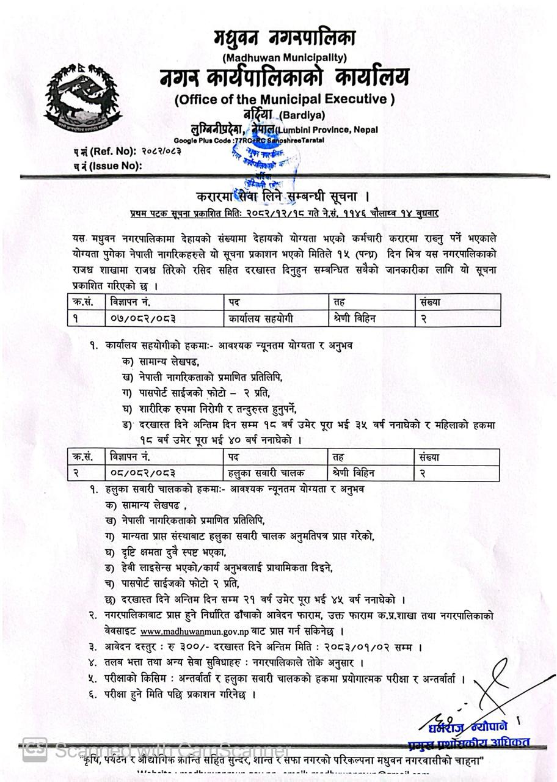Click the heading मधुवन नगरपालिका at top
click(x=284, y=38)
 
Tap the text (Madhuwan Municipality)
click(x=285, y=58)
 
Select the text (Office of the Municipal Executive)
click(x=285, y=99)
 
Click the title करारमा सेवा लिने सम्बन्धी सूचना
click(x=283, y=197)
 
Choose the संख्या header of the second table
click(x=429, y=456)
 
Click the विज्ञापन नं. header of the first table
click(x=131, y=302)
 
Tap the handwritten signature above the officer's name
click(x=482, y=690)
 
